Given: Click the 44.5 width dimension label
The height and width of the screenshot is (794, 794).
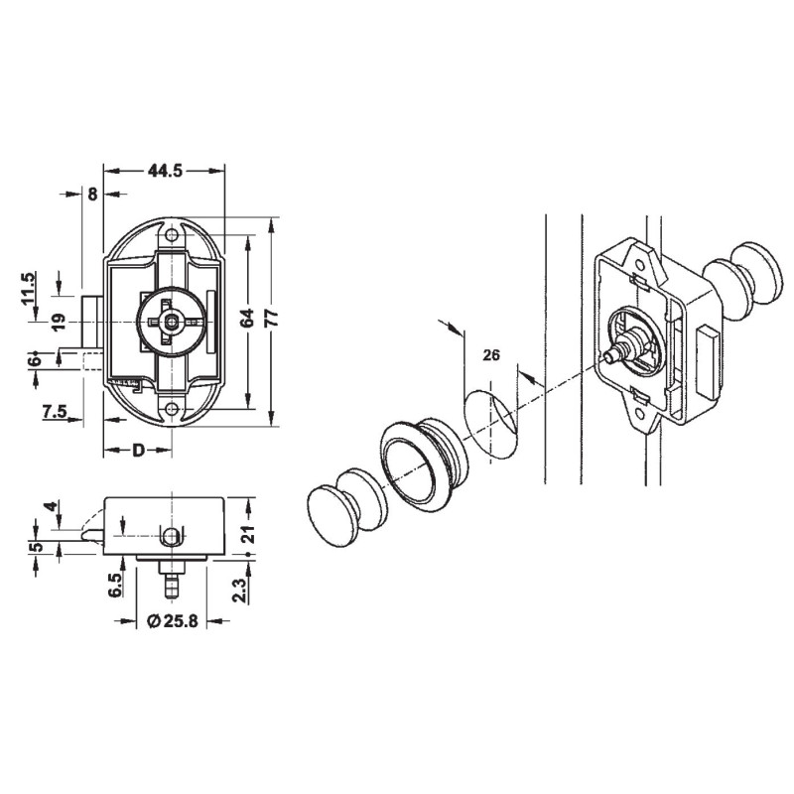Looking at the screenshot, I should point(165,171).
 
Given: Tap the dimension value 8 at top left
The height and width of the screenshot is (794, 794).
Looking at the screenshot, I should point(92,195).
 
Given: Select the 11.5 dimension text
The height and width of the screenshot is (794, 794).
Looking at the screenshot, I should point(29,290).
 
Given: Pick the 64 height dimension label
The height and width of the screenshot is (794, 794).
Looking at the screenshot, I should point(247,319).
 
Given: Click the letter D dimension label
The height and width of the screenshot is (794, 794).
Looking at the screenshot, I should point(140,453).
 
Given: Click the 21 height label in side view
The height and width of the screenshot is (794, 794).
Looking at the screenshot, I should point(248,535).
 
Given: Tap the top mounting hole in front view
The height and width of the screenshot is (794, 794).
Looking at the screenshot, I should point(175,236).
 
